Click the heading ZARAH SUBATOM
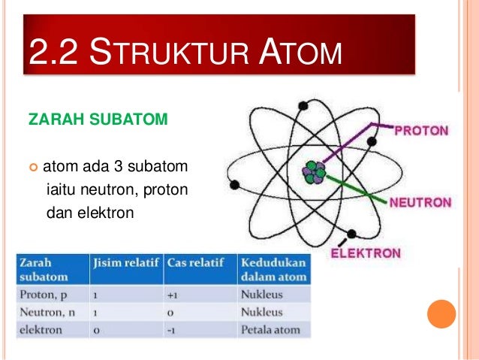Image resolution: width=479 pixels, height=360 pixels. pos(92,120)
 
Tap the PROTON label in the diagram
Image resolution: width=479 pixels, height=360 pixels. pos(423,130)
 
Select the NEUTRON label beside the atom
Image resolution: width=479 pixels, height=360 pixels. pos(420,203)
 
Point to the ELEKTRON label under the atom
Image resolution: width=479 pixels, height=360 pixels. pos(366,253)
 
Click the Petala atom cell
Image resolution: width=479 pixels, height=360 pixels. pos(270,329)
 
